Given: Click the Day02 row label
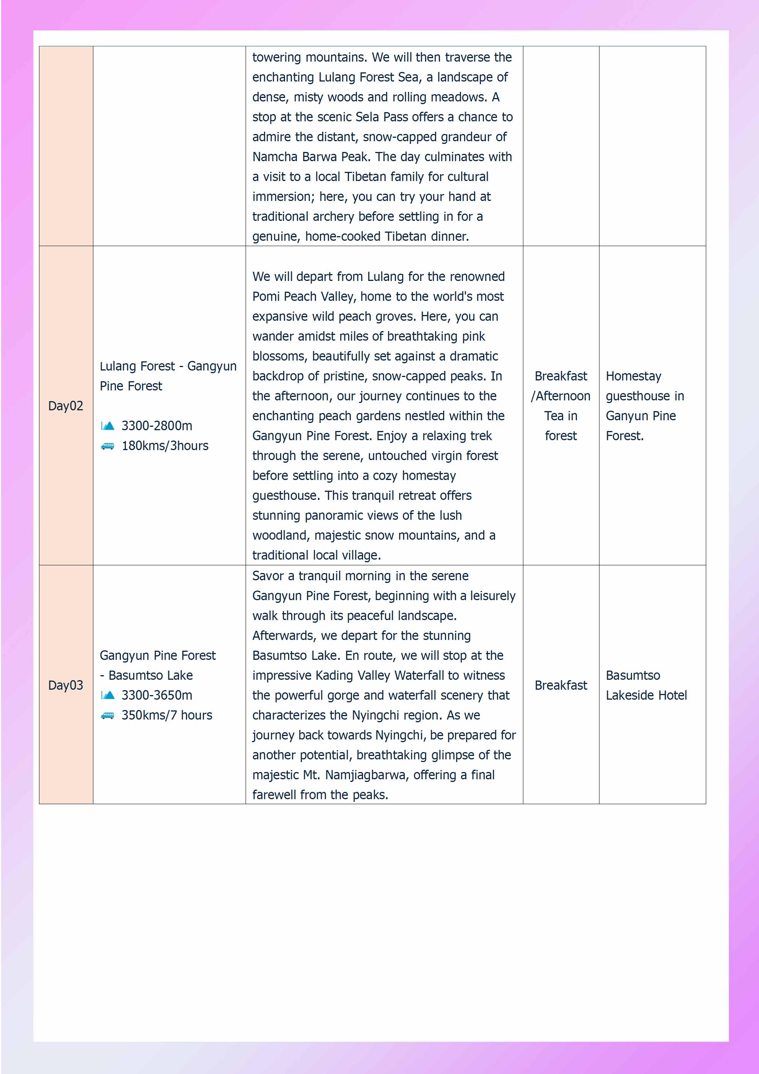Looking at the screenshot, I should coord(65,406).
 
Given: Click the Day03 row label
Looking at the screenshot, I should coord(65,685).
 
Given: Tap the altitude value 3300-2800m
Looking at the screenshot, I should coord(157,426).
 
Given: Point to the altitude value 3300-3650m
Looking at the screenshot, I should coord(157,695).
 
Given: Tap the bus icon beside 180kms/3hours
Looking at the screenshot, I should coord(107,446).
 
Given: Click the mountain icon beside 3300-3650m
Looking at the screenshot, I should coord(107,695).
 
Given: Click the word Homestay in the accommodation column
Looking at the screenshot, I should coord(633,376).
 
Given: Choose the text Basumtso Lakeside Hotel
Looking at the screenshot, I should coord(646,685).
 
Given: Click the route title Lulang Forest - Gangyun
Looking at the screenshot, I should coord(168,366).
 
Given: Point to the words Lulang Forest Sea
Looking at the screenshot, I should coord(368,77).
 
